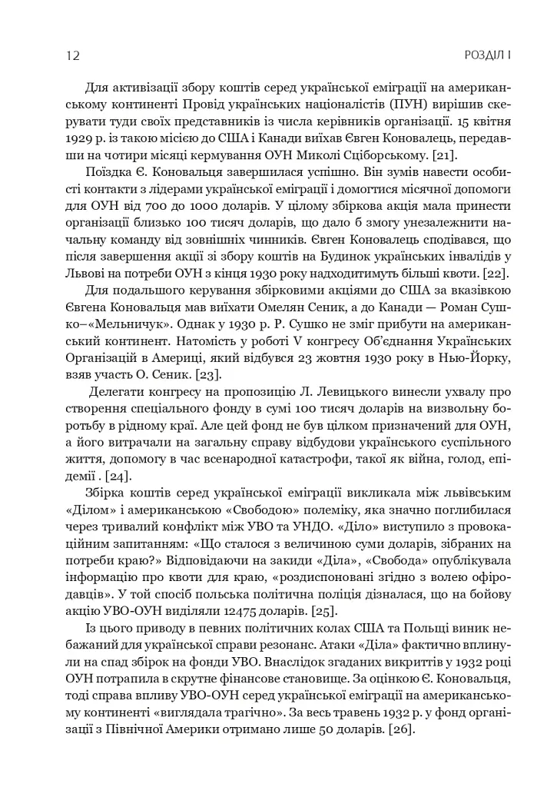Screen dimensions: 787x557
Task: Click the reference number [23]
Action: click(205, 374)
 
